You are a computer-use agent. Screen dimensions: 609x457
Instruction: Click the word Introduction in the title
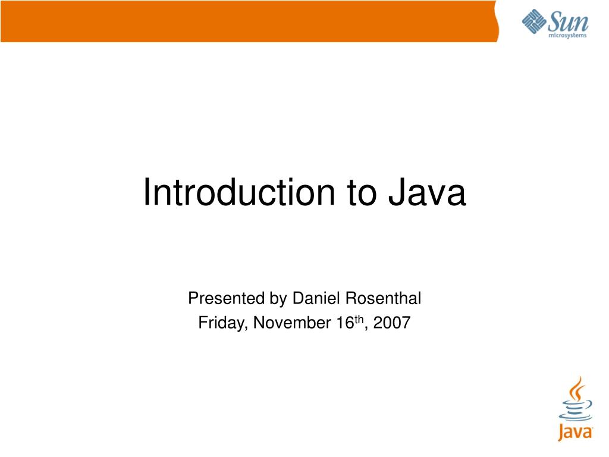click(239, 192)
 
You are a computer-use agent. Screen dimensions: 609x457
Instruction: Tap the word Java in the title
click(427, 192)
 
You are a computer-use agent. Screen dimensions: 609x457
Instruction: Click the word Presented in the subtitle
click(226, 298)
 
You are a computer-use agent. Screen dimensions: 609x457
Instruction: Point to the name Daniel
click(316, 298)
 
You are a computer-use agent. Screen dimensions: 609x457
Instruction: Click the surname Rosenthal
click(383, 298)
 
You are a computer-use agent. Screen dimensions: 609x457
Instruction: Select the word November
click(292, 323)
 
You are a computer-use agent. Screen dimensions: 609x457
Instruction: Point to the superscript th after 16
click(359, 320)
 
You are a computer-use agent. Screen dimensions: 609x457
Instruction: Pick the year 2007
click(392, 323)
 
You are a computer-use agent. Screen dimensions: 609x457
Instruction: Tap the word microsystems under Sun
click(567, 35)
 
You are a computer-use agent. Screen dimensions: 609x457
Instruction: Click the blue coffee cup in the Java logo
click(576, 411)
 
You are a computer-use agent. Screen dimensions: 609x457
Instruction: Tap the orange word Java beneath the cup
click(575, 432)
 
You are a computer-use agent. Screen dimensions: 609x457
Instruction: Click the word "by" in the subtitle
click(278, 299)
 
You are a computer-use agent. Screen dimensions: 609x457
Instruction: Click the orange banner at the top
click(249, 21)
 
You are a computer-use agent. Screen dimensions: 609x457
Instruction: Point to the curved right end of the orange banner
click(497, 21)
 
